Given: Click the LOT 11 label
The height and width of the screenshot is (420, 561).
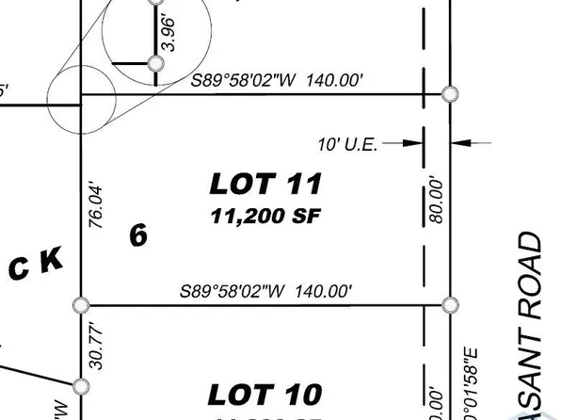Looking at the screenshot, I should (x=265, y=183).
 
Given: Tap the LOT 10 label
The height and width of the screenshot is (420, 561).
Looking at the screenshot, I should (x=264, y=394).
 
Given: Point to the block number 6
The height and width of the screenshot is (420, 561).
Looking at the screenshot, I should (x=138, y=235).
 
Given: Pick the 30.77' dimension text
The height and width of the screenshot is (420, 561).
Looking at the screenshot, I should (x=91, y=347).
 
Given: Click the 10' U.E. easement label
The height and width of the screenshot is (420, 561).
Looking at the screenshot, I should (x=348, y=144).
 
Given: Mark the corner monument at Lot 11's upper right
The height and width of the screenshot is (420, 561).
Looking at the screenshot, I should (x=450, y=94).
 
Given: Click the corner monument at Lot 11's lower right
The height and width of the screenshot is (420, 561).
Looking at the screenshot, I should (x=450, y=304).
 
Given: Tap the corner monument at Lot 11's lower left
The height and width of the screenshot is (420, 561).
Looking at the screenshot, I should (x=81, y=304).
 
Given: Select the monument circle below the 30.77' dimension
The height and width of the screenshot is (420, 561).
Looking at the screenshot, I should (x=81, y=385).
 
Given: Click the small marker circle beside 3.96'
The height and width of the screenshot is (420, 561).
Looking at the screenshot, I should (x=155, y=64).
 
